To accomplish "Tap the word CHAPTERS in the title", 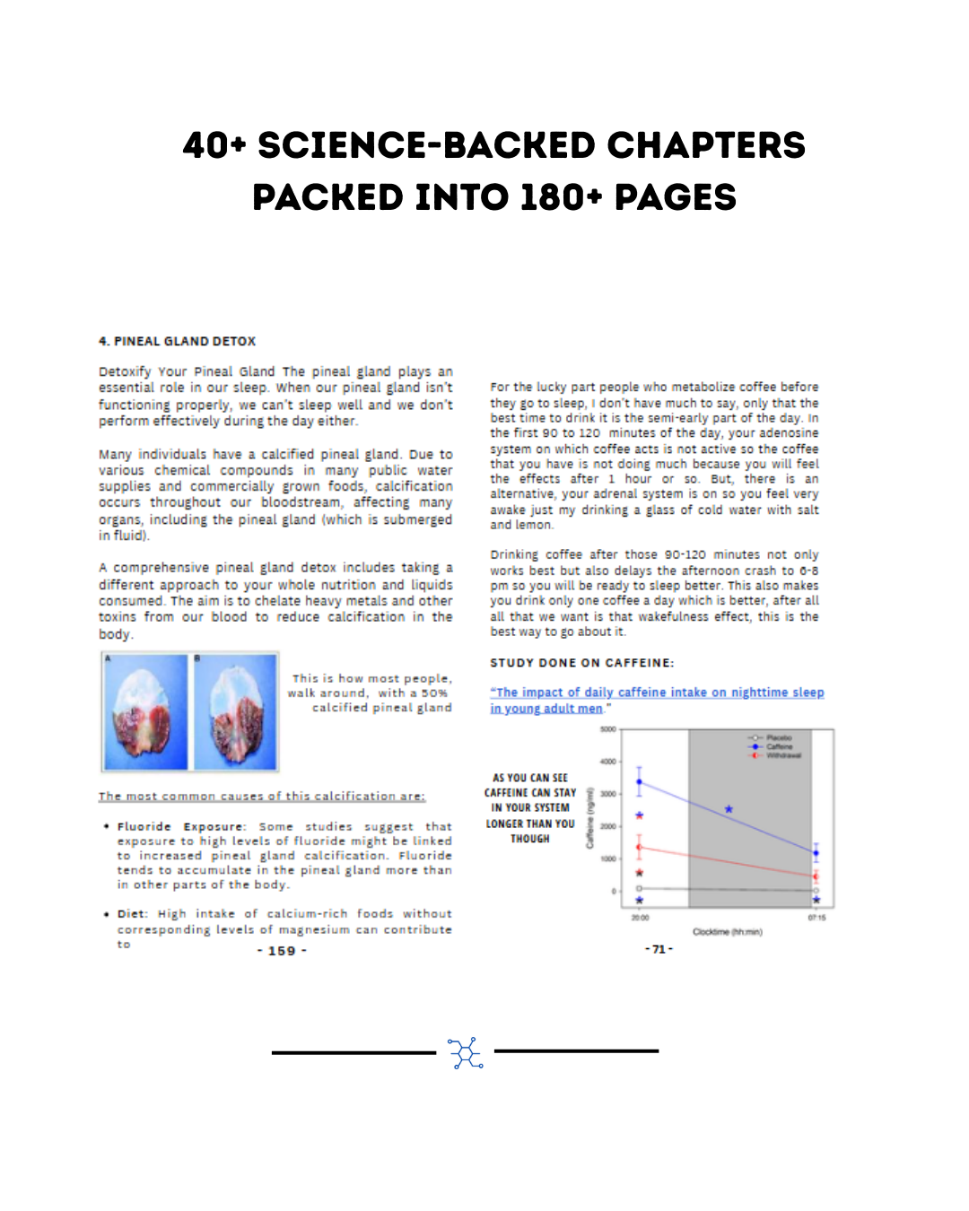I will [x=706, y=145].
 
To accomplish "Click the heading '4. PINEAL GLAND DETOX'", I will [x=178, y=342].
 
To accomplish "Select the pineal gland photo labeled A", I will [x=146, y=712].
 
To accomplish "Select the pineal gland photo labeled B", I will [x=236, y=712].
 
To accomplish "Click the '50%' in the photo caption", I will [x=434, y=693].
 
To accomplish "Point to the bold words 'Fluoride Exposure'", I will [x=180, y=827].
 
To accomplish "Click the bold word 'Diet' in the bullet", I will [x=131, y=914].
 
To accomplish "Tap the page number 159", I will [x=282, y=951].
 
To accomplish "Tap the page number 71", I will [x=659, y=949].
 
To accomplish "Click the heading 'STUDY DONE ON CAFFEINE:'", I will [x=582, y=663].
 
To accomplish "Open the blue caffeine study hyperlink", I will [x=657, y=693].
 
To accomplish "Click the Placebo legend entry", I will [x=777, y=737].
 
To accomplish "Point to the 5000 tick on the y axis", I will [x=607, y=729].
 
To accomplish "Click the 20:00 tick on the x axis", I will [x=640, y=918].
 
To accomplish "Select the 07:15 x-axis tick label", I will [x=816, y=918].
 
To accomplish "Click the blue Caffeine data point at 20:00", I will [x=639, y=782].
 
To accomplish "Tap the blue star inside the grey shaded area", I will [x=729, y=809].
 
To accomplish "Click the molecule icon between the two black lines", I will [x=465, y=1052].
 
